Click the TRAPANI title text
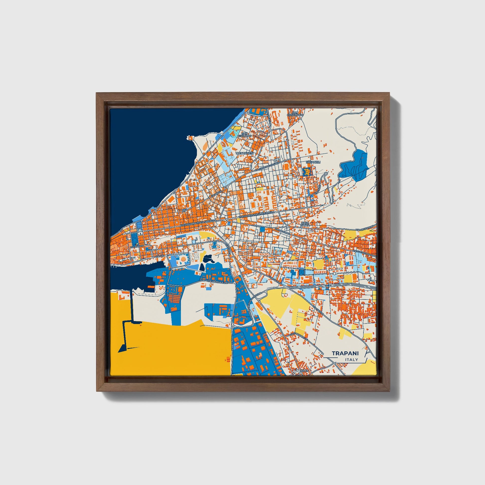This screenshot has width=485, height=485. pyautogui.click(x=345, y=353)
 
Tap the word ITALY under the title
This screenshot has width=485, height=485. pyautogui.click(x=351, y=360)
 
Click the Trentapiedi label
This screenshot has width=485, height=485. pyautogui.click(x=244, y=153)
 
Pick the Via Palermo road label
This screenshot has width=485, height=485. pyautogui.click(x=282, y=231)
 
